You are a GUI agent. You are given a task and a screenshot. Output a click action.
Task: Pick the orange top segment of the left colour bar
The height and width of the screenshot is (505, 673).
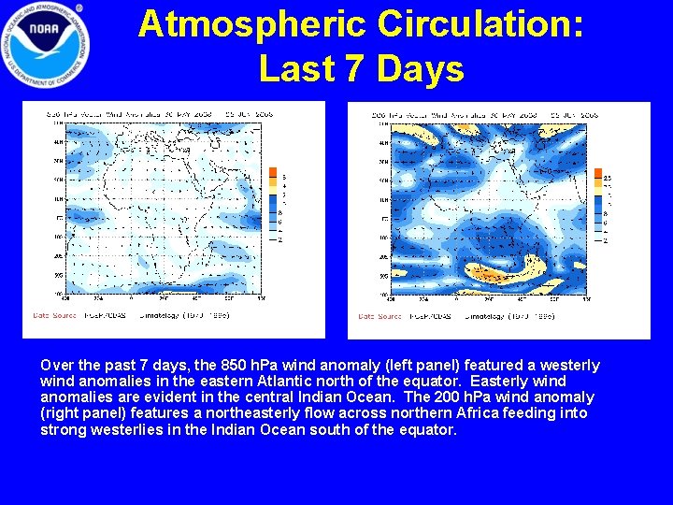(272, 172)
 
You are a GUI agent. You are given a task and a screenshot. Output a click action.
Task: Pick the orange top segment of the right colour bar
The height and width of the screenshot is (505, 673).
(599, 172)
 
